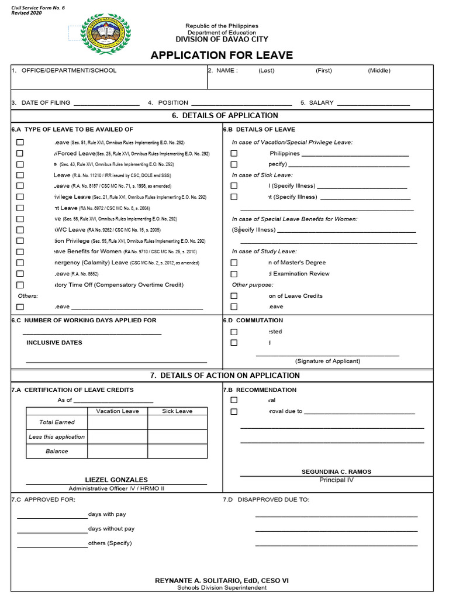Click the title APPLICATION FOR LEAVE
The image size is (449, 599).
tap(222, 56)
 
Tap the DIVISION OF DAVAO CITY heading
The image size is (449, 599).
tap(222, 39)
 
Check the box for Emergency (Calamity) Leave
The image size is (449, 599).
tap(20, 263)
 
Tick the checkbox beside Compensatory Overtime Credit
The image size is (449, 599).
tap(20, 285)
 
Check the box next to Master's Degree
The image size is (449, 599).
tap(234, 263)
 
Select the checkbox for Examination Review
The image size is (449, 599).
tap(234, 274)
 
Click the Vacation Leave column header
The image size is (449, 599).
tap(118, 411)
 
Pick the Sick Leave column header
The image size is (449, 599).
tap(177, 411)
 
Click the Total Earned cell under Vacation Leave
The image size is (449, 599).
tap(118, 422)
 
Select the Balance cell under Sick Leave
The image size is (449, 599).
tap(177, 451)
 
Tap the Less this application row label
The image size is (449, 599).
tap(57, 437)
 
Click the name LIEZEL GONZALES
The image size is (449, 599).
tap(116, 480)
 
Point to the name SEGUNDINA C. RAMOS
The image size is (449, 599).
tap(336, 471)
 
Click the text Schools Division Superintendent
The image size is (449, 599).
tap(222, 587)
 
